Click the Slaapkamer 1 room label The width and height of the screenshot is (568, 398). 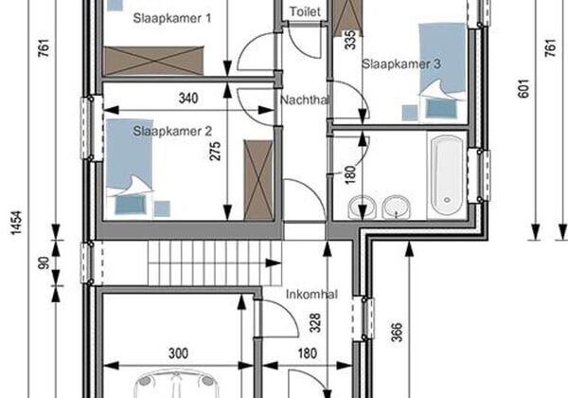[172, 18]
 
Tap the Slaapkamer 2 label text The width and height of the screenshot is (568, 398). [172, 131]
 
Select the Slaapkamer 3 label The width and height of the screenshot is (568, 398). [401, 64]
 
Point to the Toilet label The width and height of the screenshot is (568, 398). [305, 11]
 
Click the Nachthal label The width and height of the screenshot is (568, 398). [305, 99]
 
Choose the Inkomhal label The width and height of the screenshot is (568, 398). [311, 295]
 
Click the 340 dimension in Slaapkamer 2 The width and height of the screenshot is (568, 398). [188, 99]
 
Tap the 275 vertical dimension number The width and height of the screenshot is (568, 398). [215, 152]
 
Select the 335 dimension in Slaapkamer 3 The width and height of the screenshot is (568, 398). [350, 39]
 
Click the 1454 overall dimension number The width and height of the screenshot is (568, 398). [16, 223]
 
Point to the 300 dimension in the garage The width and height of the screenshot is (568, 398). [178, 353]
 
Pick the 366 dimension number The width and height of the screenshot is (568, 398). [397, 332]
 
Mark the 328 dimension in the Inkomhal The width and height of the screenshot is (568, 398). [315, 323]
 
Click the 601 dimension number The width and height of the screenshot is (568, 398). [524, 88]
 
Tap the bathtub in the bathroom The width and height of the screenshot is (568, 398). [447, 175]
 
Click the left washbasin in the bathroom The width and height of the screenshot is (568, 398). [363, 208]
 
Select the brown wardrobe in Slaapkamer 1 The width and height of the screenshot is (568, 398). [153, 61]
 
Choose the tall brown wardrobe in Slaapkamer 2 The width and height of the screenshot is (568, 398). [258, 180]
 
